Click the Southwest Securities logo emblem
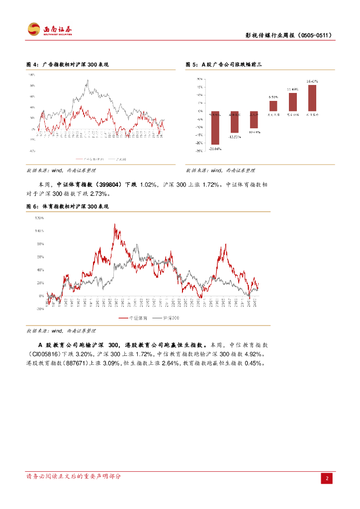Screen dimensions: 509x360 click(x=34, y=29)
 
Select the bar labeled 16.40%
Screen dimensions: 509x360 click(x=312, y=98)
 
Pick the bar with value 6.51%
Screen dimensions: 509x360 click(x=273, y=106)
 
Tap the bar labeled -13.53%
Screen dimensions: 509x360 click(x=235, y=121)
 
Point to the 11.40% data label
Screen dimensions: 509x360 click(x=292, y=89)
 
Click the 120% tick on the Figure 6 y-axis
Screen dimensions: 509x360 click(x=39, y=218)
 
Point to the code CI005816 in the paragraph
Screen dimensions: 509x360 click(x=44, y=354)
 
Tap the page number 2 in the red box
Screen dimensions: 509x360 click(x=327, y=478)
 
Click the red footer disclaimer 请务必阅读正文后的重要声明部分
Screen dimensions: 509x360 click(x=73, y=476)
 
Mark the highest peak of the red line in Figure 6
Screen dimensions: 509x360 click(x=114, y=224)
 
